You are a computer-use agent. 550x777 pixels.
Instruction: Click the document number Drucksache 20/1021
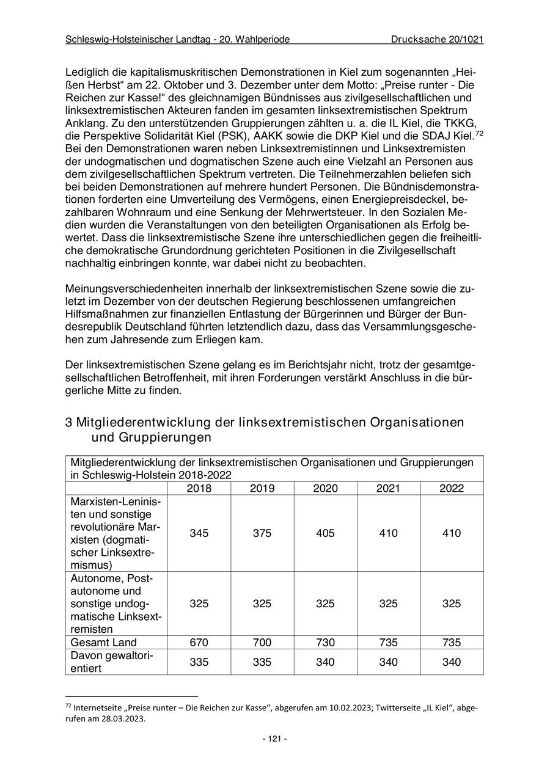click(438, 40)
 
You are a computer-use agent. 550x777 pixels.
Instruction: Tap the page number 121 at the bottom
click(275, 739)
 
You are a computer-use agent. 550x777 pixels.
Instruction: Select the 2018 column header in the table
click(199, 488)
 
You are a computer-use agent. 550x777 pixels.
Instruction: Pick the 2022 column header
click(452, 488)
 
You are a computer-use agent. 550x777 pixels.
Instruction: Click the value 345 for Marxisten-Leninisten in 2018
click(199, 533)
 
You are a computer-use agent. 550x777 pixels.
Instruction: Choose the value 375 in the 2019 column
click(262, 533)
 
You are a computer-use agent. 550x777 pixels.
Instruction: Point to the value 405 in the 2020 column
click(325, 533)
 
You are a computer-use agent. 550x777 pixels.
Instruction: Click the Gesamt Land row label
click(104, 642)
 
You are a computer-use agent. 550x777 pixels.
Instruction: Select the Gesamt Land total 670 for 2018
click(199, 642)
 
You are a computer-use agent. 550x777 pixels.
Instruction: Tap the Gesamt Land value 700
click(262, 642)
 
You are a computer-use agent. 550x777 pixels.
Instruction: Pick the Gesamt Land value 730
click(325, 642)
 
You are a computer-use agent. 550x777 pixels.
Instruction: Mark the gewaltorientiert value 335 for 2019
click(262, 662)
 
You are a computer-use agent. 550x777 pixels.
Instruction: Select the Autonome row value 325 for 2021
click(388, 604)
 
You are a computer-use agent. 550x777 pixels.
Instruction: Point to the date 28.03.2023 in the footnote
click(122, 719)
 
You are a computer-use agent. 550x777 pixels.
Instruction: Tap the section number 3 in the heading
click(69, 423)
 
